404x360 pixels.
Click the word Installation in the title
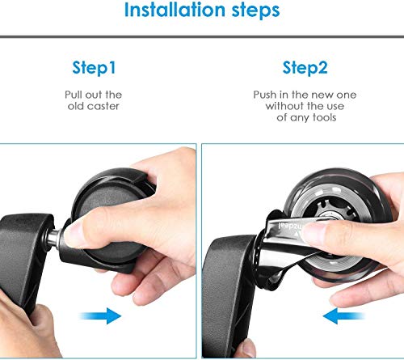175,10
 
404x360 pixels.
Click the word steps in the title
255,11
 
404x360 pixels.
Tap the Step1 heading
94,68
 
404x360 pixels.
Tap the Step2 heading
305,68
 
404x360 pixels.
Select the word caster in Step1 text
103,106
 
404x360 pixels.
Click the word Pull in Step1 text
73,95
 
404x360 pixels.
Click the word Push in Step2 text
265,95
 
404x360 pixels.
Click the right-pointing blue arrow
101,316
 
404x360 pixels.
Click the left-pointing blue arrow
343,316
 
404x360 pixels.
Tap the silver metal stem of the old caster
55,238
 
